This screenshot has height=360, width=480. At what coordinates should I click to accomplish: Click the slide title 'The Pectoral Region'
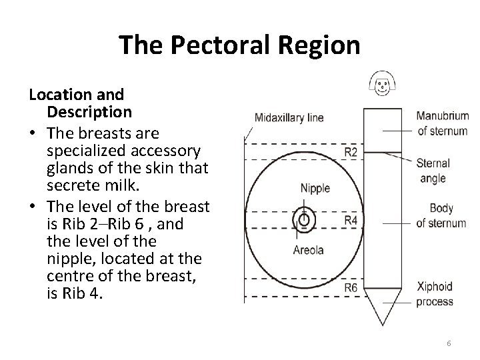point(239,45)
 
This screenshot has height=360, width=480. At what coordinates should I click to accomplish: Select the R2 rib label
point(351,153)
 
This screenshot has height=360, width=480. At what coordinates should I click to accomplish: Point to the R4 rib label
point(351,219)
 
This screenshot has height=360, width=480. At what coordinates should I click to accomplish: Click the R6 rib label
point(351,288)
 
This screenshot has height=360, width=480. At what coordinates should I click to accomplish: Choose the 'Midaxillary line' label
point(289,118)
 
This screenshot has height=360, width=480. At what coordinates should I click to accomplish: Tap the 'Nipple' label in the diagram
point(314,188)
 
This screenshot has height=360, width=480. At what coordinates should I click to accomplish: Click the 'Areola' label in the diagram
point(309,251)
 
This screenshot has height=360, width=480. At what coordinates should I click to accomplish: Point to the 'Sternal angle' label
point(433,171)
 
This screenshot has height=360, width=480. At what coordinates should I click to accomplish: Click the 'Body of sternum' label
point(441,216)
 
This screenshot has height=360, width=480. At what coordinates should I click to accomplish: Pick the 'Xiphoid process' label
point(434,294)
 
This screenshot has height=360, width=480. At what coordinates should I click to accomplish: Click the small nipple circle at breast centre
point(304,219)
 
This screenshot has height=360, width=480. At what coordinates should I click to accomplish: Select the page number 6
point(449,343)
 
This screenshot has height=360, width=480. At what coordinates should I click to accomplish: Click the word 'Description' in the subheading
point(89,110)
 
